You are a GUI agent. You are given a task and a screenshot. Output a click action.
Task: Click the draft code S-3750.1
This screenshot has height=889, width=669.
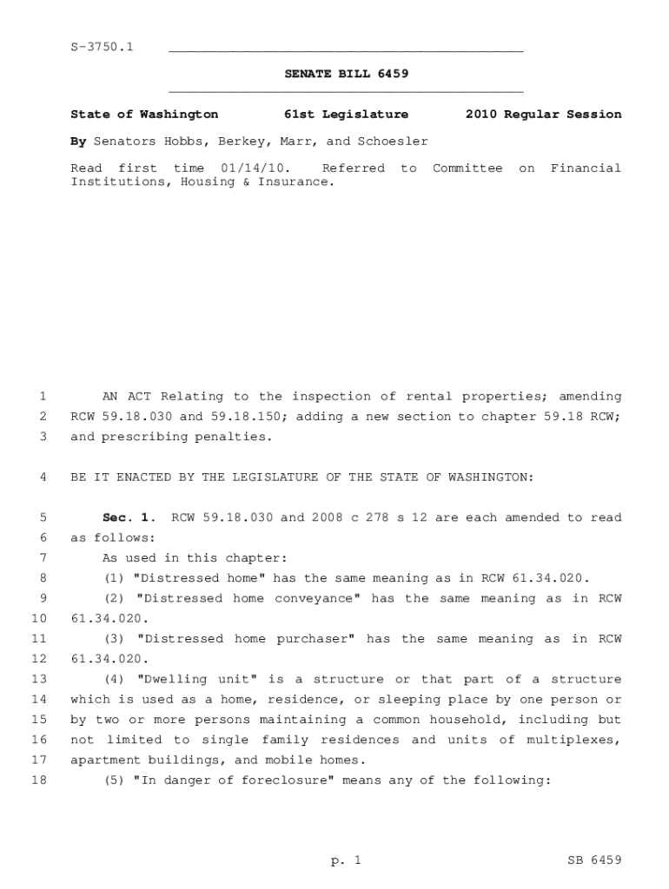pyautogui.click(x=102, y=47)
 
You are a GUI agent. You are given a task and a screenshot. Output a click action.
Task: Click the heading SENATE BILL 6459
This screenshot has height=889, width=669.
pyautogui.click(x=347, y=75)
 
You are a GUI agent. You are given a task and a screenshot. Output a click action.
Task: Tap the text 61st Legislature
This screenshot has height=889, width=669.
pyautogui.click(x=347, y=115)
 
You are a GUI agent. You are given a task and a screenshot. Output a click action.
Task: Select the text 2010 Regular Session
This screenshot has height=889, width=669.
pyautogui.click(x=543, y=115)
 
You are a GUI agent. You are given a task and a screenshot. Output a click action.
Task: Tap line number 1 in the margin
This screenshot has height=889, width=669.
pyautogui.click(x=43, y=397)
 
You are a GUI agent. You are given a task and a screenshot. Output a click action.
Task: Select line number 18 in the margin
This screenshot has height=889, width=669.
pyautogui.click(x=39, y=780)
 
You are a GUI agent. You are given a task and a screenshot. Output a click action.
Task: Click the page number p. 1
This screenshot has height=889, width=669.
pyautogui.click(x=346, y=860)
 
